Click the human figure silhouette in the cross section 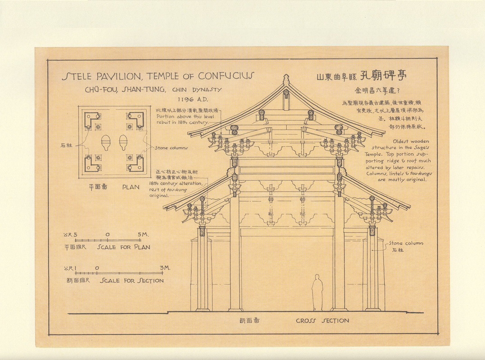click(x=318, y=292)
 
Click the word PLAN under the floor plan click(x=131, y=187)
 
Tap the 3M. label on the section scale click(x=165, y=268)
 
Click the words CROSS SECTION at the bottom click(x=322, y=321)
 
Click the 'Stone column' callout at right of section click(x=406, y=243)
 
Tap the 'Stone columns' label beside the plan click(x=172, y=148)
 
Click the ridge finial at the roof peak click(x=286, y=81)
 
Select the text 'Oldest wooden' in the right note click(x=411, y=141)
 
